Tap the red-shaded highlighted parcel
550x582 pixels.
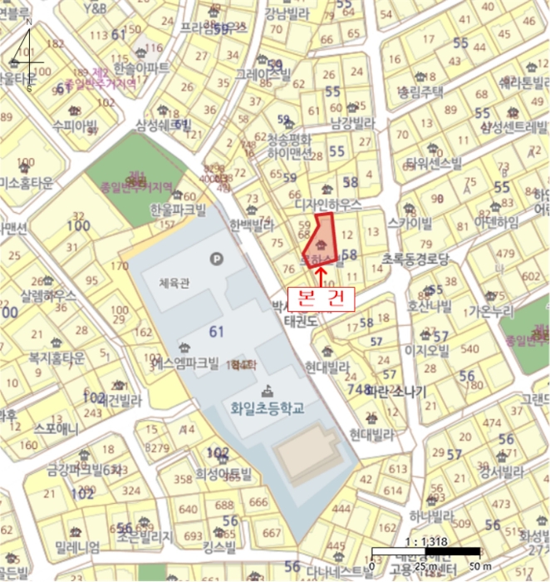[x=321, y=240]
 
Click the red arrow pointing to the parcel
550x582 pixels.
[x=321, y=274]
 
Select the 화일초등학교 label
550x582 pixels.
[x=268, y=408]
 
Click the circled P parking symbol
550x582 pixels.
[x=219, y=258]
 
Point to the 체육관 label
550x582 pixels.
[x=174, y=283]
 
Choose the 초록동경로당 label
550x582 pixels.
[x=415, y=259]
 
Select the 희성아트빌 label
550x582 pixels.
[x=223, y=474]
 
